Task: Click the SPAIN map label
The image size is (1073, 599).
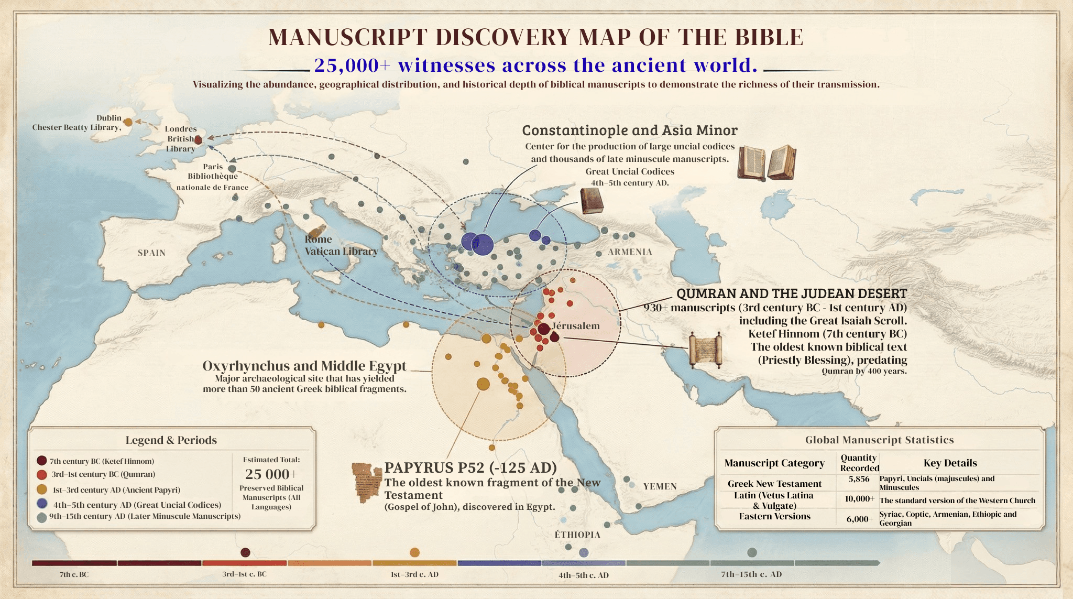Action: [151, 253]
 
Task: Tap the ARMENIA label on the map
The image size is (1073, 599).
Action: [630, 252]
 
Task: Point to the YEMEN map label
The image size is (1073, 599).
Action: [660, 486]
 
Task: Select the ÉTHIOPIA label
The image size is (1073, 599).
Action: [577, 535]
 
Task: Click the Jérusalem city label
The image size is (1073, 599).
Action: [576, 326]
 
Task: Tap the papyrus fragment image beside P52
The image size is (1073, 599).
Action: [367, 483]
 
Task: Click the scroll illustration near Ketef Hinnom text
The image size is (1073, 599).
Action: [705, 350]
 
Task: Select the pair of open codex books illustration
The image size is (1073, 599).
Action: [767, 163]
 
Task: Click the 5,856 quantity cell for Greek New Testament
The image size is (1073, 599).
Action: [859, 479]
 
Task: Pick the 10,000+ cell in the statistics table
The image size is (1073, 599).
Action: [859, 499]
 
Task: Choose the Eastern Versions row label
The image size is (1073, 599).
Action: [774, 517]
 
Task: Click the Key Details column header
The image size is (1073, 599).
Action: [950, 463]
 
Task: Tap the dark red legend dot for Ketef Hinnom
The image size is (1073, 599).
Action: [41, 461]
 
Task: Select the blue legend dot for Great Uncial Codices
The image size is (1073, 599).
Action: [42, 504]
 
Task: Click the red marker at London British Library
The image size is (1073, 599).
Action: [198, 140]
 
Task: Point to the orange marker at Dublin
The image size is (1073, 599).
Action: [128, 122]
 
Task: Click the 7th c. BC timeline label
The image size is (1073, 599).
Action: [74, 574]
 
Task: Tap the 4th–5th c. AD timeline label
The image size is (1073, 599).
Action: [583, 575]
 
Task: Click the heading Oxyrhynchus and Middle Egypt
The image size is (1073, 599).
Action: [304, 366]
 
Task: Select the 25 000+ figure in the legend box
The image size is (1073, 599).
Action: [271, 474]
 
